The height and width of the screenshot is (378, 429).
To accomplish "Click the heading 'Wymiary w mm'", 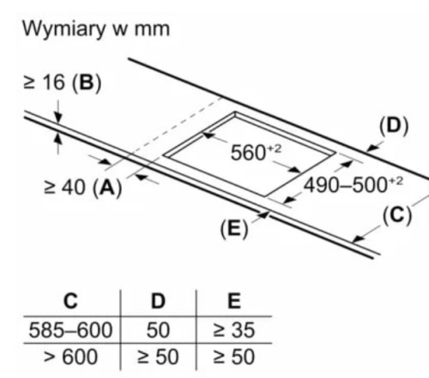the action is pos(96,29).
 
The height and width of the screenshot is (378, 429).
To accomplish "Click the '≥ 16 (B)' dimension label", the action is pos(63,83).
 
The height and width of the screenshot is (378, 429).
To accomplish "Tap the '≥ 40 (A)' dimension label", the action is pos(83,188).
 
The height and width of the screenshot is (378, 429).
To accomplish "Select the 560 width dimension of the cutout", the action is pos(256,152).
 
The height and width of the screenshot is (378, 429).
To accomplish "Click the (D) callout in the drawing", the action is pos(394,126).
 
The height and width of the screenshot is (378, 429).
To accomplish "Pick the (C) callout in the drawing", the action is pos(397,215).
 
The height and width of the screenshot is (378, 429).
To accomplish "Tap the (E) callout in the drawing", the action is pos(234,229).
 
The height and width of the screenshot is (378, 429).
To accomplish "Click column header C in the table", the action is pos(70,301).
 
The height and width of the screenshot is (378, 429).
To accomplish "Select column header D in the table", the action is pos(158,301).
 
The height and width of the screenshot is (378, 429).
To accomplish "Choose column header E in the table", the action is pos(234,301).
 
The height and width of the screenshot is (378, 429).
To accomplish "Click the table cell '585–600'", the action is pos(70,330).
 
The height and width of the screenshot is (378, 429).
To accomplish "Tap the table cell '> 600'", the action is pos(70,357).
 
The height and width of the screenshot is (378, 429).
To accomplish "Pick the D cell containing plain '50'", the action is pos(158,330).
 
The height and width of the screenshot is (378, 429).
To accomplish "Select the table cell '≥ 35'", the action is pos(233,330).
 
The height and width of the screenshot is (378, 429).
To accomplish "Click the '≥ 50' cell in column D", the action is pos(158,357).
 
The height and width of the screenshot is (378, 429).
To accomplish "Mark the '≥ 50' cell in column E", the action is pos(233,357).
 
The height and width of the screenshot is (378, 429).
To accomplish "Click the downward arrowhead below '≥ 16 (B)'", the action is pos(58,117).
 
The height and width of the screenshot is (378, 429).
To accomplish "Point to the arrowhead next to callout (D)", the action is pos(372,147).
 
